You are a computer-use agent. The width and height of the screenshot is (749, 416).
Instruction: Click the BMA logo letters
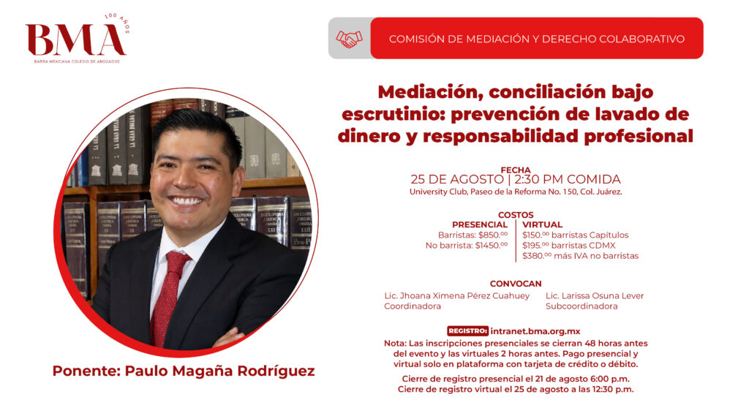(75, 39)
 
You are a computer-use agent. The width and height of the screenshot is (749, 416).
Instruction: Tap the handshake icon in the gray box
(349, 39)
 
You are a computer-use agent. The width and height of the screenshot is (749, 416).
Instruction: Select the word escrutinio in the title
(393, 113)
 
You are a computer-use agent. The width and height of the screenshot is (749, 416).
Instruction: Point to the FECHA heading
(516, 170)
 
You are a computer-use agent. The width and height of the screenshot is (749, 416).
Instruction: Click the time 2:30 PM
(538, 180)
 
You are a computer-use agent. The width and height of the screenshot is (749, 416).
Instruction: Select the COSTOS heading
(516, 215)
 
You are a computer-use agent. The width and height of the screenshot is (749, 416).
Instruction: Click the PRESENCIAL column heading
(480, 224)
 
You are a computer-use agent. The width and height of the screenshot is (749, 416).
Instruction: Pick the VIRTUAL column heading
(542, 224)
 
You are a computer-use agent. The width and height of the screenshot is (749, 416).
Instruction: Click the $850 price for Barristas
(493, 235)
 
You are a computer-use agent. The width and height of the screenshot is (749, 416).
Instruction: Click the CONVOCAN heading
(516, 284)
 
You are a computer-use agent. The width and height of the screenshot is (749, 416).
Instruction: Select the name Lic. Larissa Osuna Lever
(595, 296)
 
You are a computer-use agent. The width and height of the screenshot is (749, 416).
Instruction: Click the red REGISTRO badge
(467, 331)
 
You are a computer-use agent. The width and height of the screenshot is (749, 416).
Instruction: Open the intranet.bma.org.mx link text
(535, 331)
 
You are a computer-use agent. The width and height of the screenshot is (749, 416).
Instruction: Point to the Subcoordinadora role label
(581, 306)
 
